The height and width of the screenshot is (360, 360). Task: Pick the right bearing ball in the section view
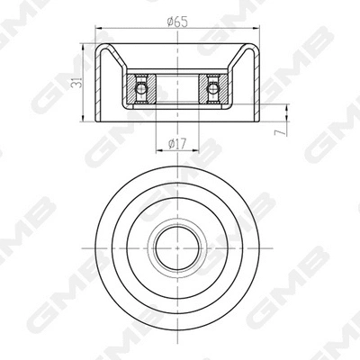coord(213,88)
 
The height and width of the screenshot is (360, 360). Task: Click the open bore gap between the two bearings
coord(176,89)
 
